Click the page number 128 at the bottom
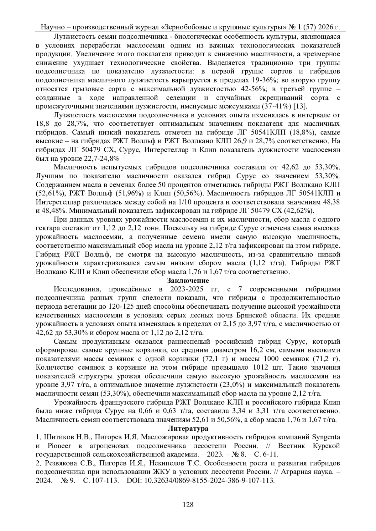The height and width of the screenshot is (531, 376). click(x=188, y=504)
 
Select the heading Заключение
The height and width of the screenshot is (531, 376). click(x=188, y=280)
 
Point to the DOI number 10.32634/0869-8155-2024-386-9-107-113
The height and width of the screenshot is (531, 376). click(x=208, y=480)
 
